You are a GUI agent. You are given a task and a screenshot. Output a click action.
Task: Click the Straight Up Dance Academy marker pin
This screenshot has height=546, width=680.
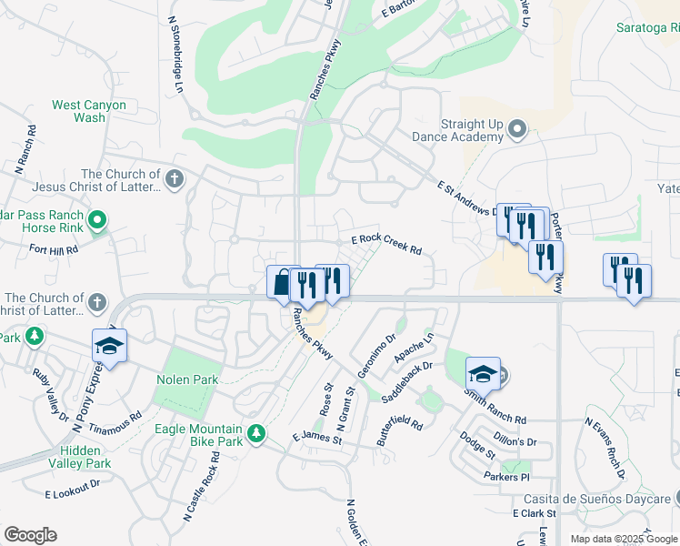(518, 129)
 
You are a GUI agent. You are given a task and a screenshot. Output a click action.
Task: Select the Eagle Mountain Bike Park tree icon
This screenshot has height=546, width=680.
(257, 431)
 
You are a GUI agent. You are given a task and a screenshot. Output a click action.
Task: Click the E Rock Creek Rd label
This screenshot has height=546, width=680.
(387, 243)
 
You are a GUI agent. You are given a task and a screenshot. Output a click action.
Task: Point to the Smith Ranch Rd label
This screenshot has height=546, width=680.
(495, 407)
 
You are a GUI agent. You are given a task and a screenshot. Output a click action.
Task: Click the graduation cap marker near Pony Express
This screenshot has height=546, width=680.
(109, 346)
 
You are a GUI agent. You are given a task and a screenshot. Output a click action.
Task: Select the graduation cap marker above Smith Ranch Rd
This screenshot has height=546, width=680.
(483, 373)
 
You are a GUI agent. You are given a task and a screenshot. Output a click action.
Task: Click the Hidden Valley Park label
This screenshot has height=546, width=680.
(85, 457)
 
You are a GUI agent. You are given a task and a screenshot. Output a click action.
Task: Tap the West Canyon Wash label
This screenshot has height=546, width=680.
(89, 111)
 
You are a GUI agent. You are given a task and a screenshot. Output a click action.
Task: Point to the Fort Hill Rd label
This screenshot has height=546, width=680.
(54, 248)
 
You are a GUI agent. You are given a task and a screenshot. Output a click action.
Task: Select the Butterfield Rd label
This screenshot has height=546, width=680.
(401, 432)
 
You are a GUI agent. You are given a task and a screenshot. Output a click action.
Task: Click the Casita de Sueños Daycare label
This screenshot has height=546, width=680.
(595, 499)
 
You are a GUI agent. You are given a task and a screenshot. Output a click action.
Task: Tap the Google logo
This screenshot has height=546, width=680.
(30, 534)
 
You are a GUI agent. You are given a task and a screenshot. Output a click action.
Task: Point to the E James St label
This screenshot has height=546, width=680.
(316, 439)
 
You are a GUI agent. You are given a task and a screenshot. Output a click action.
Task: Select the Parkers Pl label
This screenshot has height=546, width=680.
(506, 477)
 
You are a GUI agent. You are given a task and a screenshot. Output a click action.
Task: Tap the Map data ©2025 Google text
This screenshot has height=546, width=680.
(623, 539)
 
